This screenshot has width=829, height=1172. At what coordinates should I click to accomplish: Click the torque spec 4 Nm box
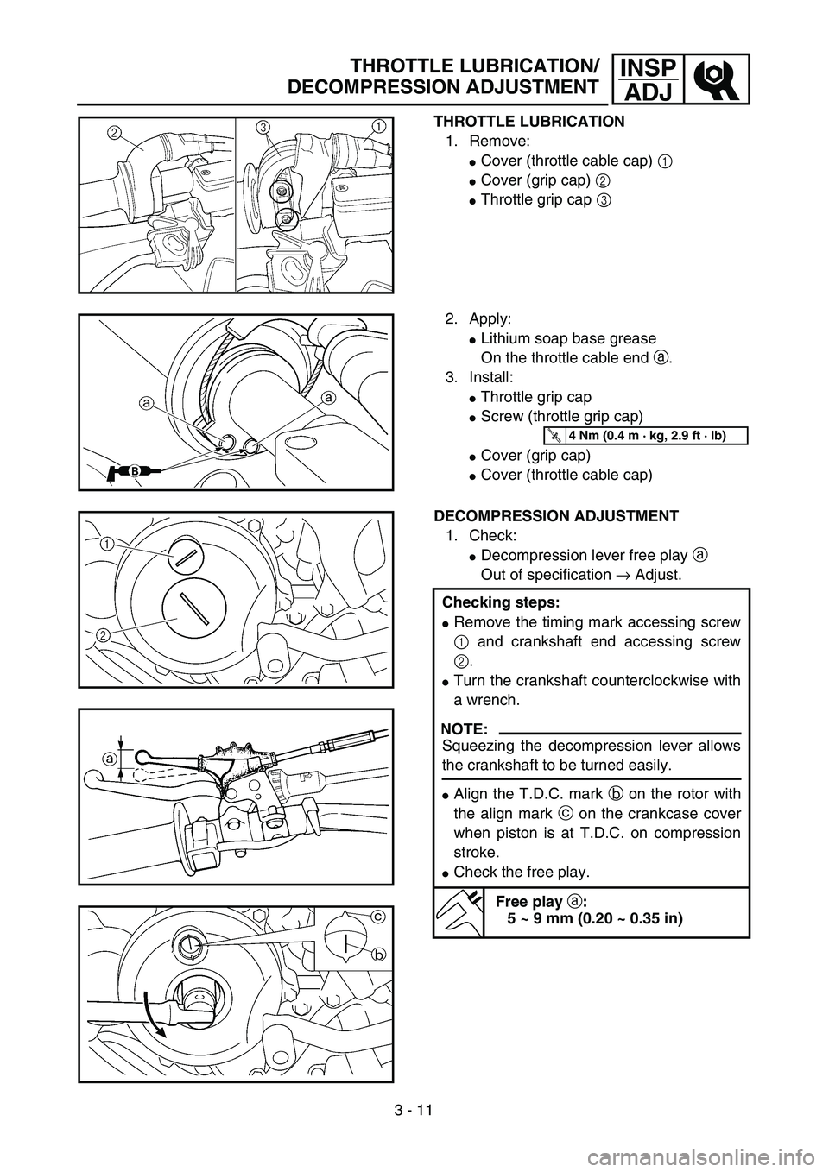tap(647, 435)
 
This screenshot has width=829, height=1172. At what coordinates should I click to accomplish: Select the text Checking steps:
tap(486, 602)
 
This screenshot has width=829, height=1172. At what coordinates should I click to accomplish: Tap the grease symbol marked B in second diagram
tap(136, 470)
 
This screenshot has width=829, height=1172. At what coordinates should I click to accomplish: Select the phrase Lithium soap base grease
tap(567, 338)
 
